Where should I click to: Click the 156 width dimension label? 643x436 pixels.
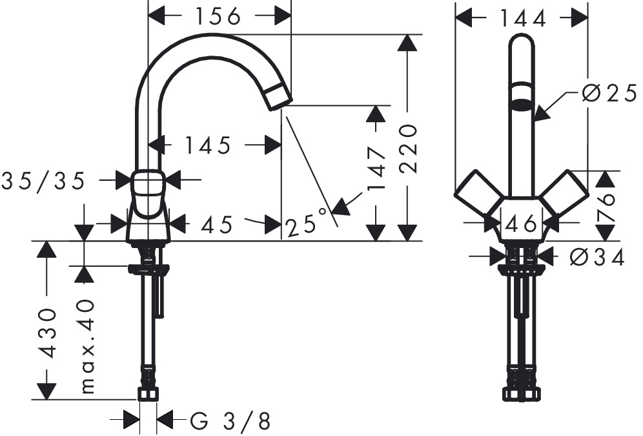tap(218, 16)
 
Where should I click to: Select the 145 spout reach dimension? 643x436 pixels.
tap(208, 145)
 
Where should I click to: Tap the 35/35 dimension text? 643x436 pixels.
tap(43, 181)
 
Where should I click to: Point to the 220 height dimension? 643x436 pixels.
tap(409, 149)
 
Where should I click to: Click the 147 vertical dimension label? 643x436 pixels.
tap(377, 169)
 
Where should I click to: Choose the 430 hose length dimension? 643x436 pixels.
tap(46, 333)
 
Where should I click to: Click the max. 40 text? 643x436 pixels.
tap(87, 347)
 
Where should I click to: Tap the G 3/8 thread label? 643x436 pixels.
tap(230, 421)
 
